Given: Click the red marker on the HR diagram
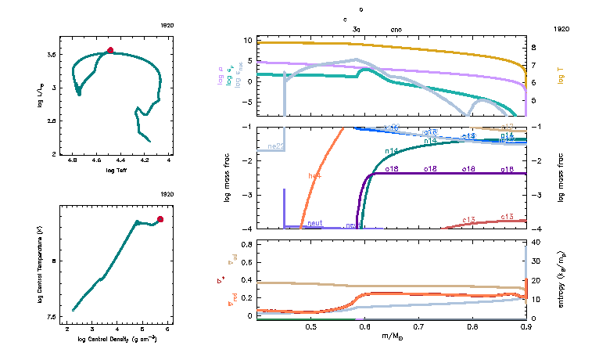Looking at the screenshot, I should coord(110,50).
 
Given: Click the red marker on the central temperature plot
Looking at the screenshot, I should coord(160,219).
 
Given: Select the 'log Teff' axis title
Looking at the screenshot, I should coord(116,170).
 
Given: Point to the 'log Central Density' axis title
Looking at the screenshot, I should coord(116,339).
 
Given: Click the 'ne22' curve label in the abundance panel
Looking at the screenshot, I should coord(275,146).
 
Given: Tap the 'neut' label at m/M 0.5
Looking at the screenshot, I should coord(315,223).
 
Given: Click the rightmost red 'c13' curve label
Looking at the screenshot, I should coord(507,216).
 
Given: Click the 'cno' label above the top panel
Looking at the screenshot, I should coord(396,28).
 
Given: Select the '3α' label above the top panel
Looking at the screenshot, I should coord(357,28).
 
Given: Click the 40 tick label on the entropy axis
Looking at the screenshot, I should coord(538,243).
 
